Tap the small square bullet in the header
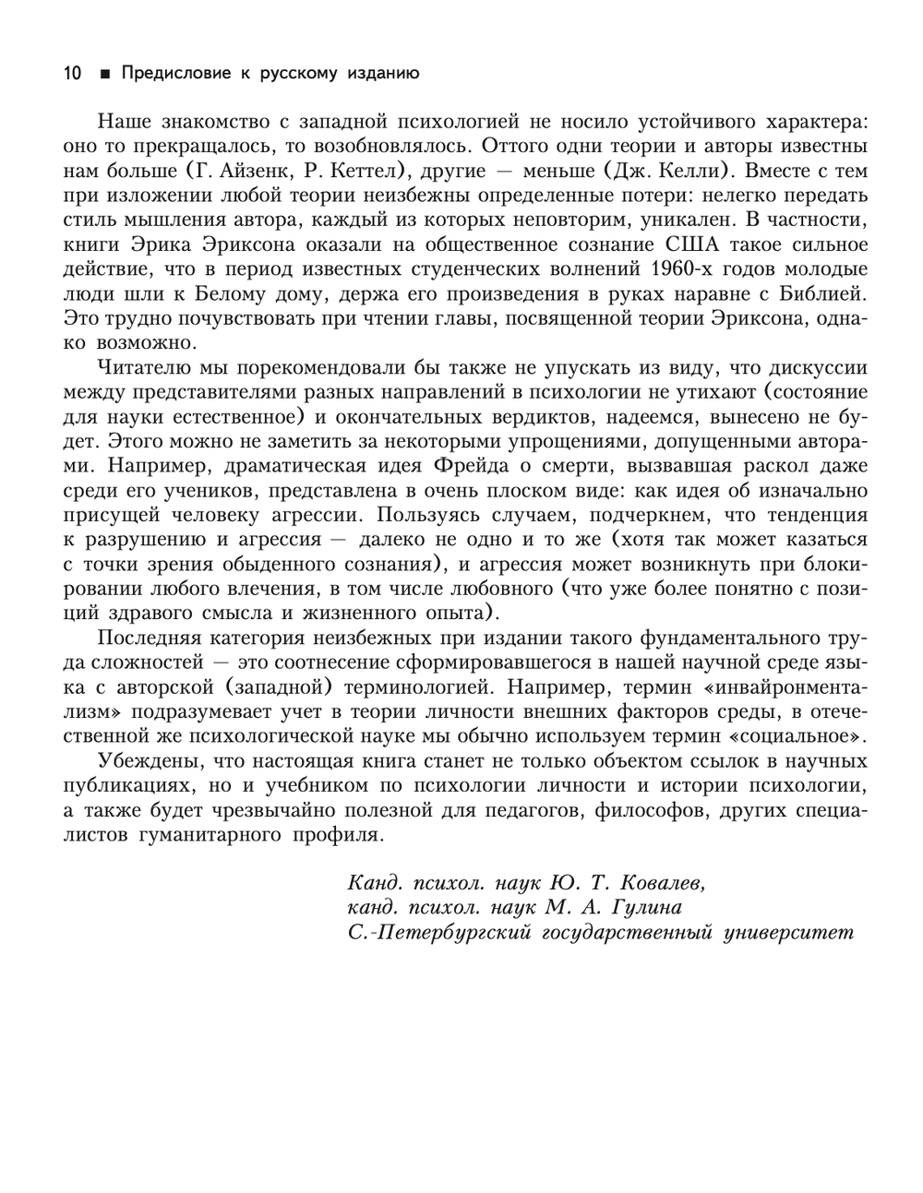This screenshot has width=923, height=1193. pos(104,74)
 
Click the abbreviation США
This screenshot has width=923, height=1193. pos(691,245)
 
